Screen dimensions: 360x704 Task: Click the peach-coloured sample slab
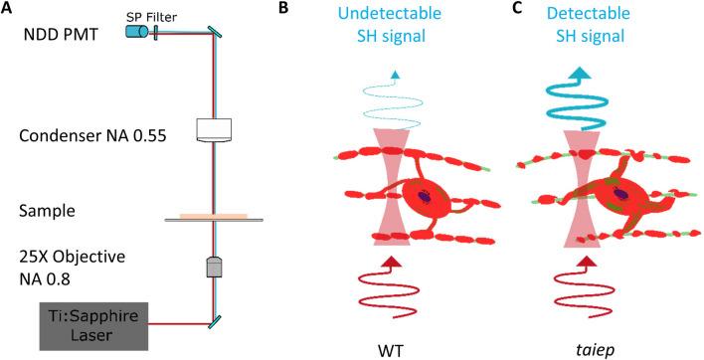[x=221, y=214]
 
